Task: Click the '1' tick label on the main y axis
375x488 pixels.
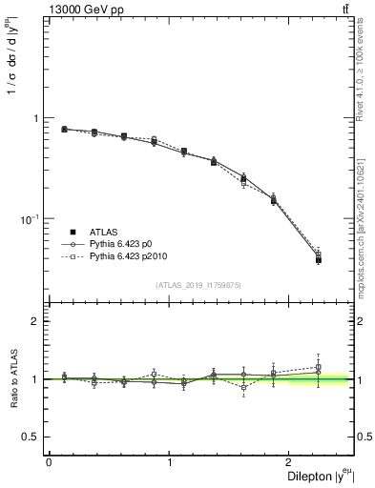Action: coord(36,119)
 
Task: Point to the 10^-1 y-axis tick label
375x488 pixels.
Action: coord(32,220)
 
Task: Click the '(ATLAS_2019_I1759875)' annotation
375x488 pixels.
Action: coord(198,285)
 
